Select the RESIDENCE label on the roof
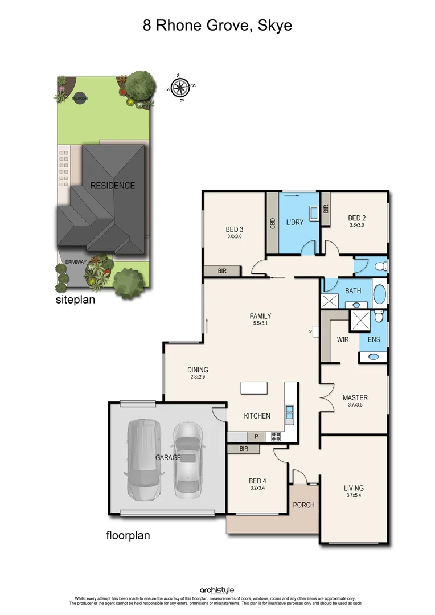click(x=112, y=186)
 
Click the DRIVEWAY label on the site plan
click(x=75, y=262)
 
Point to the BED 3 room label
click(x=235, y=229)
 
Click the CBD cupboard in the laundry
click(x=273, y=222)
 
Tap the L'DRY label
click(x=295, y=222)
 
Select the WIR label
click(x=343, y=339)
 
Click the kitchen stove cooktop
click(x=277, y=437)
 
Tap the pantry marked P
click(x=256, y=437)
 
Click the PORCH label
click(x=303, y=505)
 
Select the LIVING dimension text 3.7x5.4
click(x=354, y=496)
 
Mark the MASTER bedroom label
click(x=355, y=397)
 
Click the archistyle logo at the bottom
click(x=217, y=590)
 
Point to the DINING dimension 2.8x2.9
click(x=199, y=377)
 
